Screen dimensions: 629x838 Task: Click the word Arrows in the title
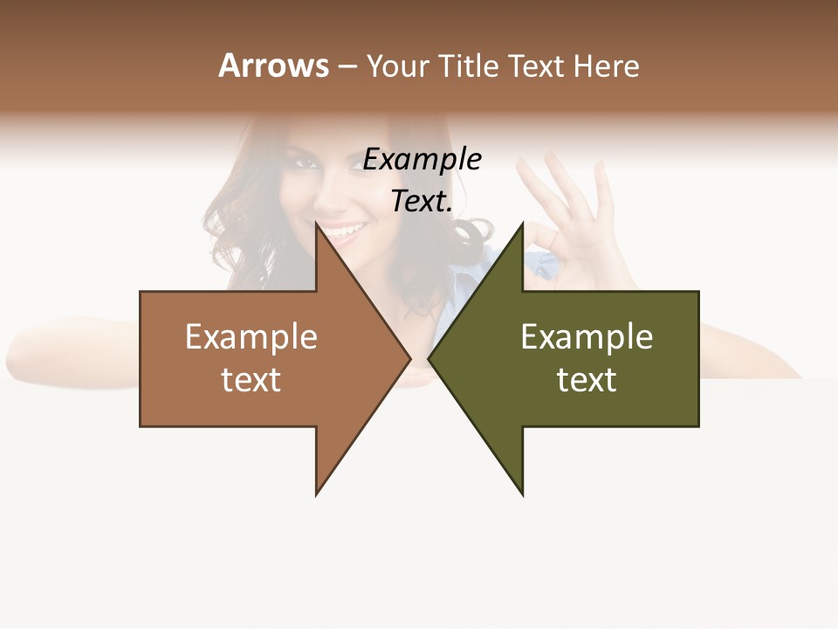coord(273,66)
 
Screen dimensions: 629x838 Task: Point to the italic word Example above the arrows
coord(422,159)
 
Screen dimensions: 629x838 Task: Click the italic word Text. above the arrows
coord(422,202)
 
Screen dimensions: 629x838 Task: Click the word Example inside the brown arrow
coord(251,337)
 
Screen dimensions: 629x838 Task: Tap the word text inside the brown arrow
coord(251,380)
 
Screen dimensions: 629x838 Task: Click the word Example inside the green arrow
coord(587,337)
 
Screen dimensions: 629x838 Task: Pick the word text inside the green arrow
coord(587,380)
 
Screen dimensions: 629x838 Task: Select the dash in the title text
coord(347,66)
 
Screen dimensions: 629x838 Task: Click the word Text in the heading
coord(538,66)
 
